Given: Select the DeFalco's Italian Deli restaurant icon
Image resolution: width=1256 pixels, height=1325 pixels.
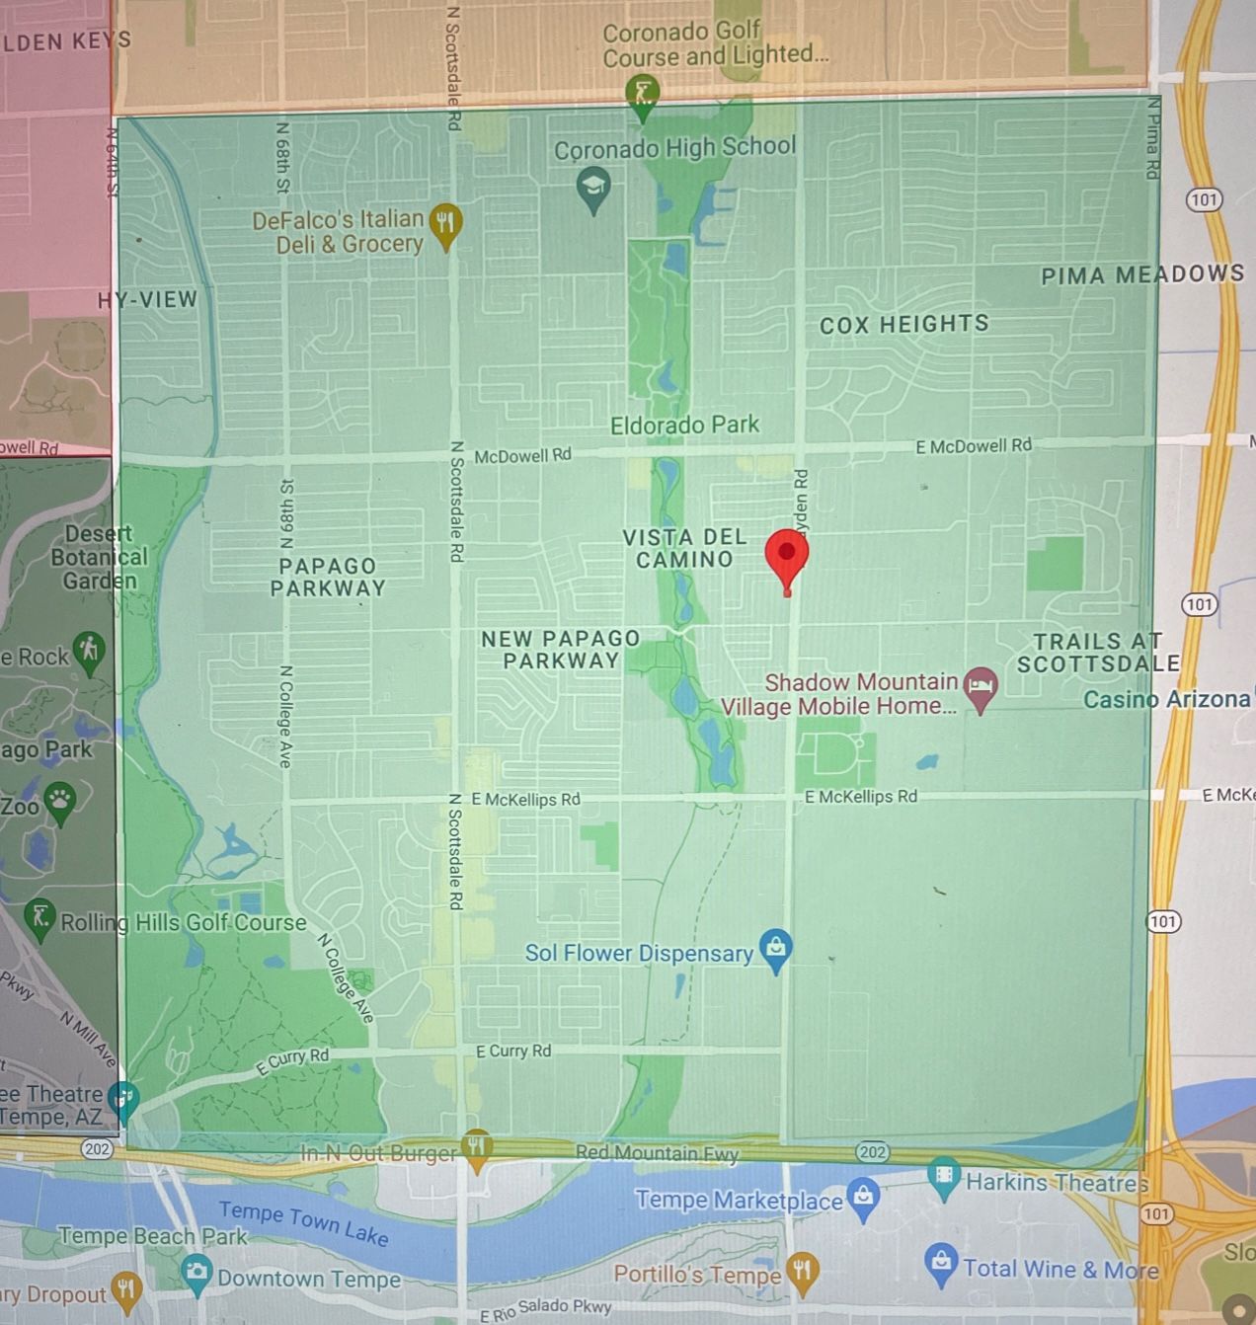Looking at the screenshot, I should (446, 224).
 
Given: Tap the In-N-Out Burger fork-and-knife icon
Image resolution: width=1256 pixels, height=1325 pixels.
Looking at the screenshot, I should (477, 1147).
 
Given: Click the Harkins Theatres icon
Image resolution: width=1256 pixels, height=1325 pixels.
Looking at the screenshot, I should (945, 1177).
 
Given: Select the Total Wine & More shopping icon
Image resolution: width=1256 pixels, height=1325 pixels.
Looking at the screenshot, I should (941, 1263).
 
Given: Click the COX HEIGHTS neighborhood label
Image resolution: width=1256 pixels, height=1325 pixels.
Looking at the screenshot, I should (903, 324).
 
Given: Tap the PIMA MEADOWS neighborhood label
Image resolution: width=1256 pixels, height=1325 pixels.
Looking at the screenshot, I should (1142, 274).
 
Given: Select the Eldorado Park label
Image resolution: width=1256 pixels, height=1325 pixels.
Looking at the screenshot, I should (684, 426).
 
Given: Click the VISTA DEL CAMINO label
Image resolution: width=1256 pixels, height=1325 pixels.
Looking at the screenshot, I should (684, 548).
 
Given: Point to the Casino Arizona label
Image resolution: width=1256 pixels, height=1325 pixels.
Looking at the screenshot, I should (1166, 699).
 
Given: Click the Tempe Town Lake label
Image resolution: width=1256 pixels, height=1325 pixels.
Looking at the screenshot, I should (303, 1223).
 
